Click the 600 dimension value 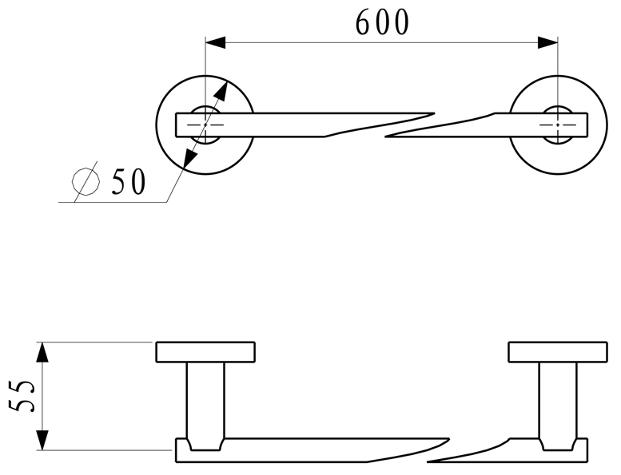[382, 22]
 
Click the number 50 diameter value [128, 183]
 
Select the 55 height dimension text [24, 395]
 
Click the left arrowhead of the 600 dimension [215, 42]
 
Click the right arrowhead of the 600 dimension [548, 42]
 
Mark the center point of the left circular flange [205, 125]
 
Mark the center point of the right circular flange [557, 125]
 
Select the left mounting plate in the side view [205, 352]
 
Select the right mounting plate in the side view [557, 352]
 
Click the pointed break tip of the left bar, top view [433, 113]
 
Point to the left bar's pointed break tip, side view [448, 437]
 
